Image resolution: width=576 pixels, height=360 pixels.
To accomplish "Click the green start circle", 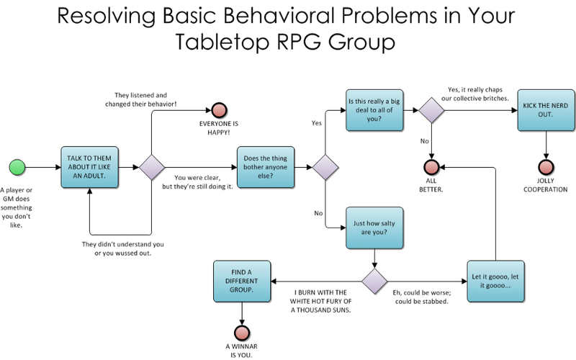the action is coord(17,167).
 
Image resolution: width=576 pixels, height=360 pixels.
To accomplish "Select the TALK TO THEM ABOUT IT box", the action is coord(89,167).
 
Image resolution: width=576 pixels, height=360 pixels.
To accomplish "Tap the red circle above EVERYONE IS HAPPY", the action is coord(220,110).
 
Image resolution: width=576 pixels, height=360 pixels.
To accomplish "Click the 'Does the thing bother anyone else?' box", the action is coord(266,167).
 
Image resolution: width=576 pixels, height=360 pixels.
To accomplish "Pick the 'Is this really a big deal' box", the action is coord(374,110).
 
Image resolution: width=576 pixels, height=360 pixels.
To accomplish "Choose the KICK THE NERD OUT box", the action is coord(546,110).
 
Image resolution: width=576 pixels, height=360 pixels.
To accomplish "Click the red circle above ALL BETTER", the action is coord(431,167).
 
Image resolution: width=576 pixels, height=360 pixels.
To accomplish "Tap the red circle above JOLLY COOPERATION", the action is coord(546,167).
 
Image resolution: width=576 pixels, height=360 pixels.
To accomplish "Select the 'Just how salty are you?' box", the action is coord(374,228).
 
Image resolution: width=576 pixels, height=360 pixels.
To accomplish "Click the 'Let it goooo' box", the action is coord(495,282).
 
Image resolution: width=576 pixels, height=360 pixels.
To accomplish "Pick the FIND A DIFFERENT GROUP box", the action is coord(242,282).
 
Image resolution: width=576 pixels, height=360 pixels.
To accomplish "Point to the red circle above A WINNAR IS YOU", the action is coord(242,333).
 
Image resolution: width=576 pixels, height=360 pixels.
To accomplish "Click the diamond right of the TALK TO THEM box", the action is coord(152,167).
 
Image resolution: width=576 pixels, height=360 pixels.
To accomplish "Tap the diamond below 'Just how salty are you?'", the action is coord(374,282).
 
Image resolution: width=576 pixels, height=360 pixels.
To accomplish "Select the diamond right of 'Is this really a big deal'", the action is coord(431,110).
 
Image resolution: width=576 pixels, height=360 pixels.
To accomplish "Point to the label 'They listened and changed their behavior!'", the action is coord(140,99).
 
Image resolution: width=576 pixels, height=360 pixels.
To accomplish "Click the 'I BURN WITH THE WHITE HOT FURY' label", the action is coord(320,301).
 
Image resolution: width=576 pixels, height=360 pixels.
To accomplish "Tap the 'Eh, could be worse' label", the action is coord(422,297).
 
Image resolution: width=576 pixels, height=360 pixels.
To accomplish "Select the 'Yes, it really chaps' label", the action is coord(475,94).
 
